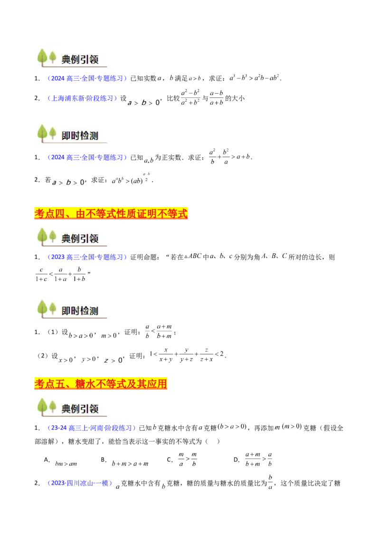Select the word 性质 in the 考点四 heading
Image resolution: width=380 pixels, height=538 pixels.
pyautogui.click(x=134, y=214)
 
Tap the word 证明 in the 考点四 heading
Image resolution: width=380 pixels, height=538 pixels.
pyautogui.click(x=159, y=214)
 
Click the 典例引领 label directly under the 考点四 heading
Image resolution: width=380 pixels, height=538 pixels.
pyautogui.click(x=80, y=238)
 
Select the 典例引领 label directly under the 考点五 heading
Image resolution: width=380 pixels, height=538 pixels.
pyautogui.click(x=80, y=408)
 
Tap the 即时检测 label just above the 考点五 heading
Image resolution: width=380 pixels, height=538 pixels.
pyautogui.click(x=80, y=311)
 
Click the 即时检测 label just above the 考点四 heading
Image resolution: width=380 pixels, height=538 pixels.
pyautogui.click(x=80, y=135)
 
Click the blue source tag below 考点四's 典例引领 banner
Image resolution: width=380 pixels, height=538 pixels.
pyautogui.click(x=87, y=257)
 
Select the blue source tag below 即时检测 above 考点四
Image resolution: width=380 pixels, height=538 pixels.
pyautogui.click(x=87, y=157)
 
